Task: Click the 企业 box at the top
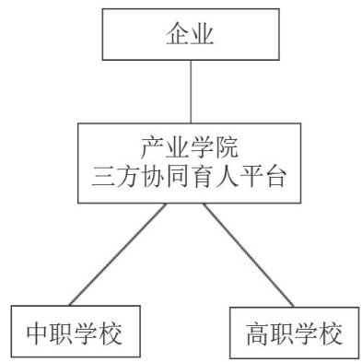pyautogui.click(x=191, y=34)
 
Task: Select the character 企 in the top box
pyautogui.click(x=178, y=34)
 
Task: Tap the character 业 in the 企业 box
pyautogui.click(x=202, y=34)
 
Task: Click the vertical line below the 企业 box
pyautogui.click(x=191, y=91)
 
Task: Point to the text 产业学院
pyautogui.click(x=190, y=148)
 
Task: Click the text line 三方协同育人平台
pyautogui.click(x=189, y=177)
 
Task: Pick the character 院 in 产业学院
pyautogui.click(x=227, y=148)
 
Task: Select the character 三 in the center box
pyautogui.click(x=103, y=177)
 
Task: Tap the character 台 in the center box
pyautogui.click(x=275, y=177)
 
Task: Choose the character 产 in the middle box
pyautogui.click(x=152, y=148)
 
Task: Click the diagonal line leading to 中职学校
pyautogui.click(x=118, y=254)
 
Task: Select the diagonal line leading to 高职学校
pyautogui.click(x=248, y=255)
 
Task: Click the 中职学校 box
pyautogui.click(x=76, y=332)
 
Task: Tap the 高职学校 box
pyautogui.click(x=295, y=333)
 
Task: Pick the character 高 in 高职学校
pyautogui.click(x=258, y=333)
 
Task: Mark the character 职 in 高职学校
pyautogui.click(x=282, y=333)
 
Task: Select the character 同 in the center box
pyautogui.click(x=178, y=177)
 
